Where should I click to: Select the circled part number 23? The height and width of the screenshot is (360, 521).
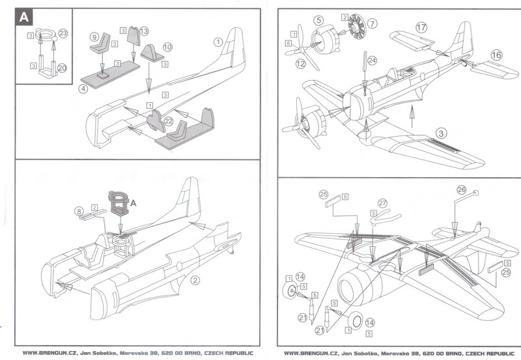tap(63, 32)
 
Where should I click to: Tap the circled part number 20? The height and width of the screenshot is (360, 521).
tap(62, 67)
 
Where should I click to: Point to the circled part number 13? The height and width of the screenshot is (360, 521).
tap(144, 31)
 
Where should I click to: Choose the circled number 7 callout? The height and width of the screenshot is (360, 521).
tap(372, 24)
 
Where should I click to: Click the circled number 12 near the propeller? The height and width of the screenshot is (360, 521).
tap(301, 64)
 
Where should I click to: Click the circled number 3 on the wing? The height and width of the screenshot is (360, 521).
tap(442, 132)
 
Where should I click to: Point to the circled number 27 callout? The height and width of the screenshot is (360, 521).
tap(382, 202)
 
